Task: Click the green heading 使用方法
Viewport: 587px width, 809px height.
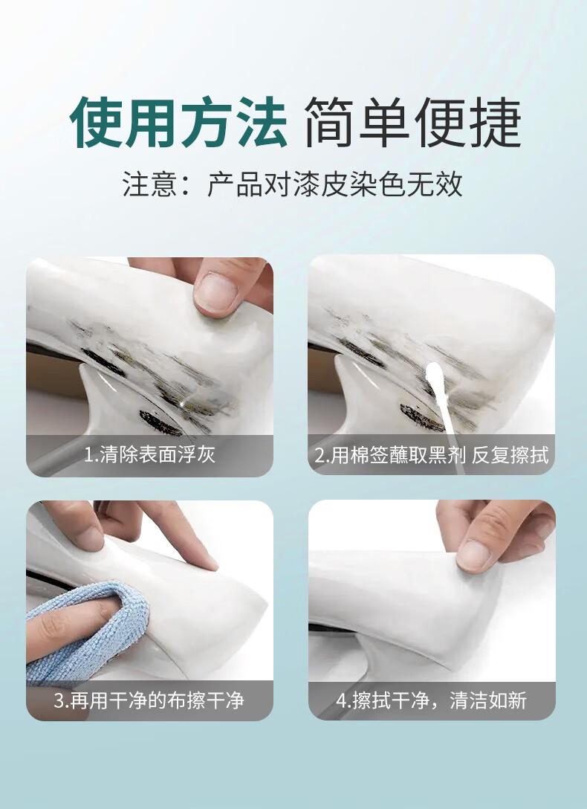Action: pyautogui.click(x=178, y=123)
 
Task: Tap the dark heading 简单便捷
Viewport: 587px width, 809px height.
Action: pyautogui.click(x=413, y=123)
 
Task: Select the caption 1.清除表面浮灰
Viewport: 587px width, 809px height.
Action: pyautogui.click(x=149, y=454)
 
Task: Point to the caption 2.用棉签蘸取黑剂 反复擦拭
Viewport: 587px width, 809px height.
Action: pyautogui.click(x=432, y=455)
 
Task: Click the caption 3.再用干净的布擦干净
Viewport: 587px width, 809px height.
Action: pyautogui.click(x=149, y=700)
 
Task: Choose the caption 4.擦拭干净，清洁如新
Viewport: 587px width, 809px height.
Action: pyautogui.click(x=432, y=700)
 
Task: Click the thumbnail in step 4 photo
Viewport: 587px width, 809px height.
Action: pyautogui.click(x=473, y=555)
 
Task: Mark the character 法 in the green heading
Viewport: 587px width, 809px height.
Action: pyautogui.click(x=262, y=123)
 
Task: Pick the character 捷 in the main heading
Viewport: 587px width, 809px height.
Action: pyautogui.click(x=496, y=123)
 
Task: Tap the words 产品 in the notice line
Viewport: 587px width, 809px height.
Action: pyautogui.click(x=236, y=184)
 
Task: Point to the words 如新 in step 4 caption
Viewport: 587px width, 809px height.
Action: pyautogui.click(x=508, y=700)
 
